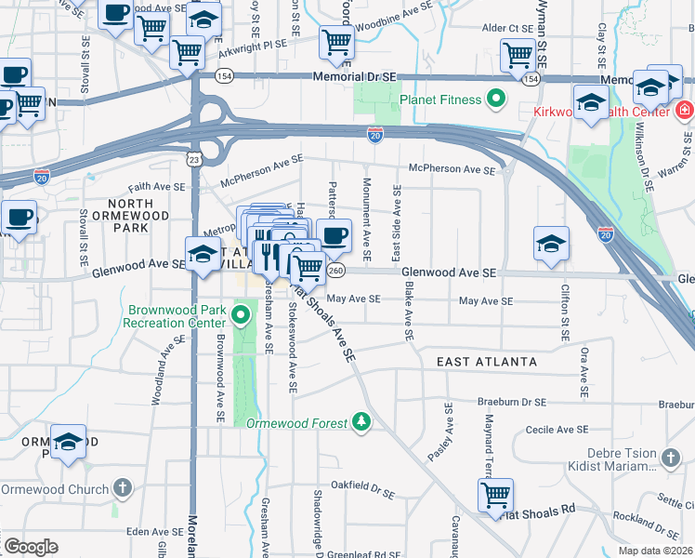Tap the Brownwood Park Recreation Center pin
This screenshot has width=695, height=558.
tap(241, 314)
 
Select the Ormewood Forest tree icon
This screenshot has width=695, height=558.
tap(361, 422)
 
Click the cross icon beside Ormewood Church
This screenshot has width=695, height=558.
tap(122, 488)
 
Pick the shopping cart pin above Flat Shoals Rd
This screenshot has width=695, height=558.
tap(495, 495)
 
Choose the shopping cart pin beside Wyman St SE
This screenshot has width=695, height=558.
tap(518, 55)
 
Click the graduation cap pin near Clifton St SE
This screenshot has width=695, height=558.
tap(551, 244)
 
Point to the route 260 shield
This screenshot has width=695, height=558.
tap(336, 270)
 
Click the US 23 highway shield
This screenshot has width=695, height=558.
tap(193, 160)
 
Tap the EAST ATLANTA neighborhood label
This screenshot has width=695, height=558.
tap(488, 361)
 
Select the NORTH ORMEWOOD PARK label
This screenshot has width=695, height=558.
tap(138, 215)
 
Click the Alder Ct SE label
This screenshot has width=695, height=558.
tap(507, 29)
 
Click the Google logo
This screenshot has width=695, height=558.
tap(31, 547)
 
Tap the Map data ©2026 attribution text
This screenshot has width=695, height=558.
tap(656, 551)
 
